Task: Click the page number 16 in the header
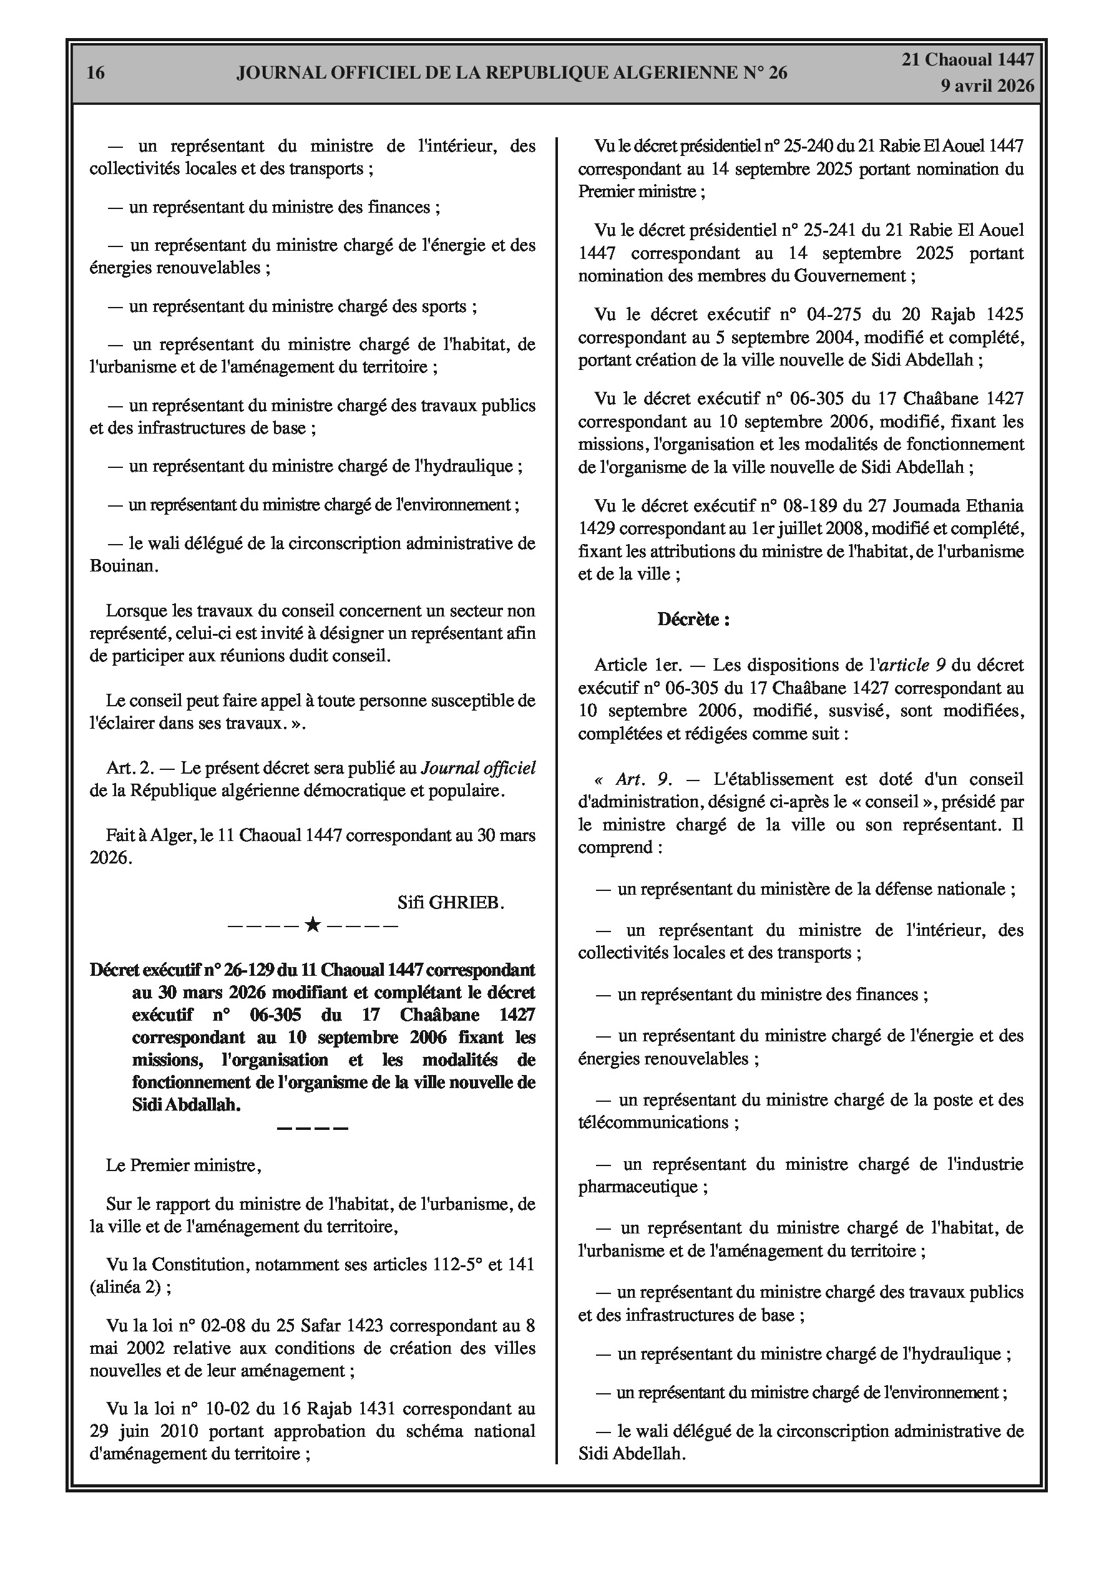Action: coord(95,73)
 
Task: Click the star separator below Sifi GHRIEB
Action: coord(313,925)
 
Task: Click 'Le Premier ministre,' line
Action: coord(184,1165)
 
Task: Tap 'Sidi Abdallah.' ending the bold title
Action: coord(186,1104)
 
